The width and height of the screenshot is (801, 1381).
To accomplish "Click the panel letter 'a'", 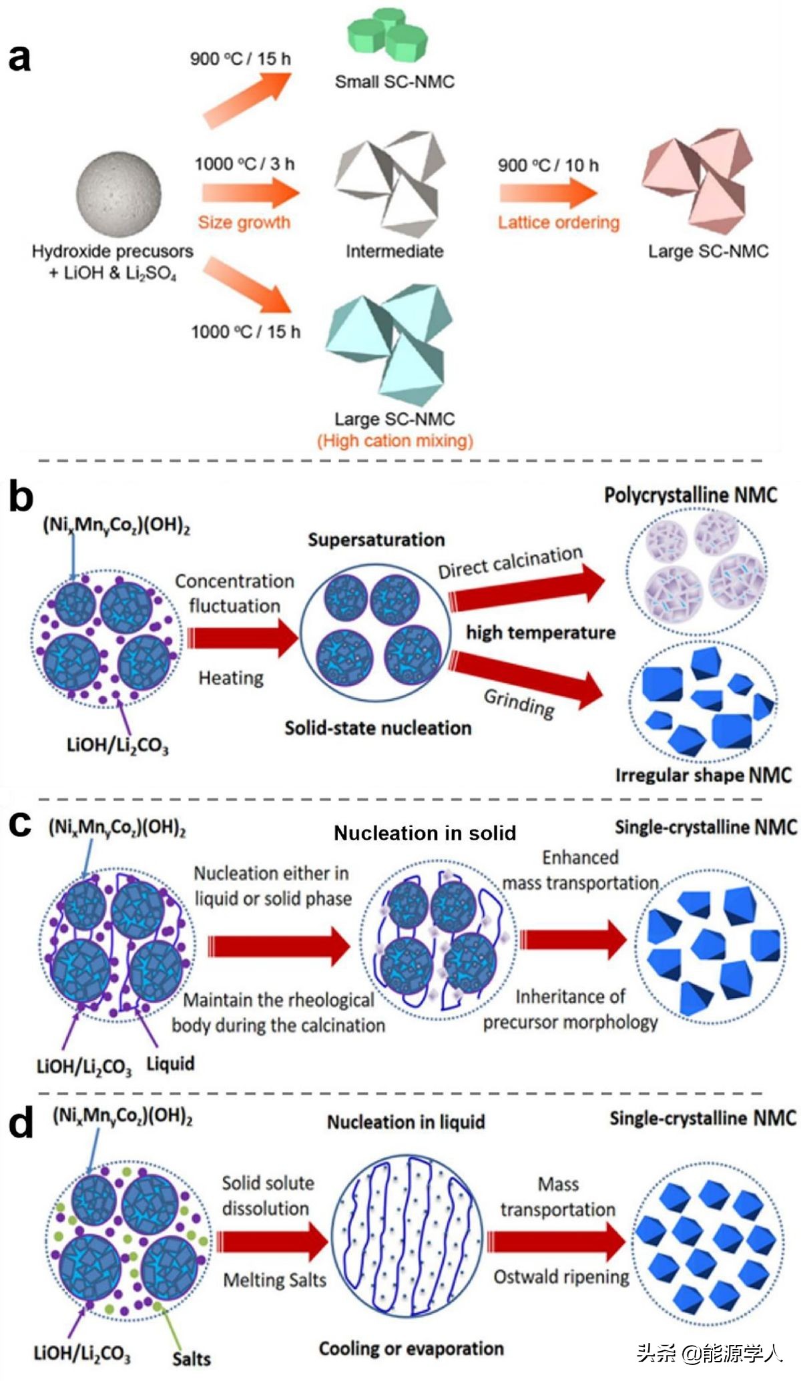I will pos(19,57).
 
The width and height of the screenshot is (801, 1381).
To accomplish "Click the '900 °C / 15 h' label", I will pos(240,59).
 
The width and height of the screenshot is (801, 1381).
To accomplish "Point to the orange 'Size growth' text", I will pos(244,222).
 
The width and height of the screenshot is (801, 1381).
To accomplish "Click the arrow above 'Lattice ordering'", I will pos(548,193).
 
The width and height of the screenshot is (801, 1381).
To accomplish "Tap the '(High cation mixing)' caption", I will pos(395,441).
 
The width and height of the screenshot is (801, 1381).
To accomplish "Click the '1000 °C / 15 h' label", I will pos(246,331).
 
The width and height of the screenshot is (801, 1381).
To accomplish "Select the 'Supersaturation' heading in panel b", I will pos(376,540).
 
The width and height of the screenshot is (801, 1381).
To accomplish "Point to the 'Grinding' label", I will pos(519,703).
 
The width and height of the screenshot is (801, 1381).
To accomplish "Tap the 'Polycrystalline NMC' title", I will pos(691,495).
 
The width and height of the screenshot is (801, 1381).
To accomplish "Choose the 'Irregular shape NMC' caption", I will pos(704,775).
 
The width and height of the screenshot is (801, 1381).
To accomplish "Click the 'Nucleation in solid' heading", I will pos(425,833).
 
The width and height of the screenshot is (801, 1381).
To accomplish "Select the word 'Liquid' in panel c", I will pos(170,1064).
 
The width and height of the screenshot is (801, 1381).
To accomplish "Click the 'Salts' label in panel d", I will pos(192,1359).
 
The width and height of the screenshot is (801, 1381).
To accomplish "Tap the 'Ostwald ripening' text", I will pos(561,1277).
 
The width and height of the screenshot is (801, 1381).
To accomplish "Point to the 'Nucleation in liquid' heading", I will pos(406,1122).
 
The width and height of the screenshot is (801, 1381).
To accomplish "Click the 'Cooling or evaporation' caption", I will pos(411,1348).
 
